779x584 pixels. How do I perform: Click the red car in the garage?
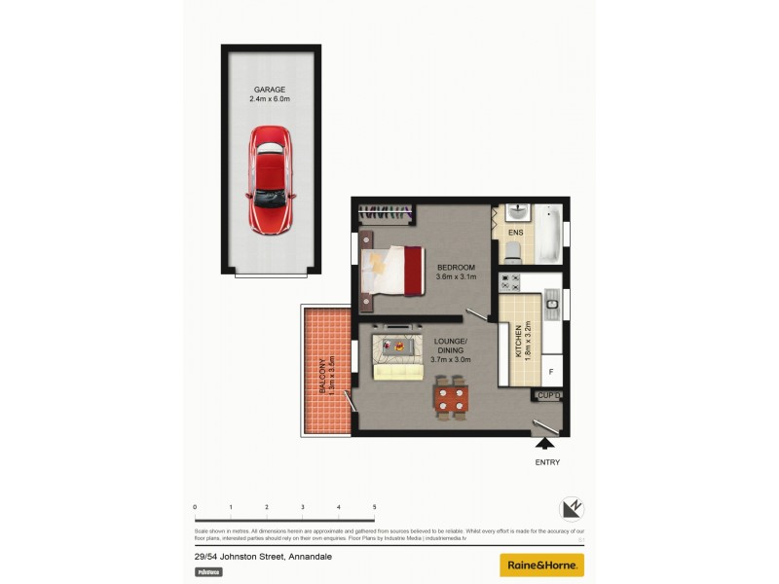pyautogui.click(x=271, y=180)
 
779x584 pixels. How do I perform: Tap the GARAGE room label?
pyautogui.click(x=270, y=90)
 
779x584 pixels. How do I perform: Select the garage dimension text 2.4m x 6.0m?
pyautogui.click(x=270, y=99)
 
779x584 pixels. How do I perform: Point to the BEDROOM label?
pyautogui.click(x=456, y=268)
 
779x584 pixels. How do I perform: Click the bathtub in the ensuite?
pyautogui.click(x=548, y=234)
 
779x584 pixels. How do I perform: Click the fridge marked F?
pyautogui.click(x=551, y=372)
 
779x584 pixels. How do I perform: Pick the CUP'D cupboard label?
pyautogui.click(x=549, y=395)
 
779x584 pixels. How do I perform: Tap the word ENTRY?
pyautogui.click(x=547, y=462)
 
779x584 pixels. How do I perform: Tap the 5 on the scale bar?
pyautogui.click(x=374, y=507)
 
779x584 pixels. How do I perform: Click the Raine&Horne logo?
pyautogui.click(x=542, y=565)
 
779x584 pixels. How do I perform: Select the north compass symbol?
pyautogui.click(x=572, y=509)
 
